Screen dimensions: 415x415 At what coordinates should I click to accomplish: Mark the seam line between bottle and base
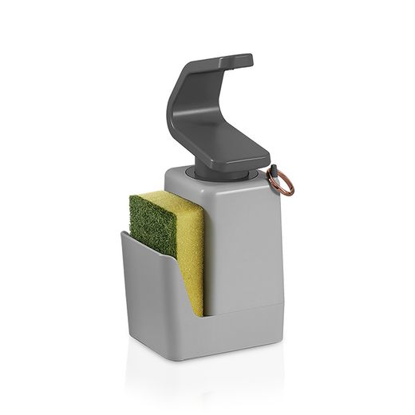click(239, 302)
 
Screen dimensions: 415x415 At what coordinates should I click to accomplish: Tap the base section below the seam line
click(239, 335)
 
